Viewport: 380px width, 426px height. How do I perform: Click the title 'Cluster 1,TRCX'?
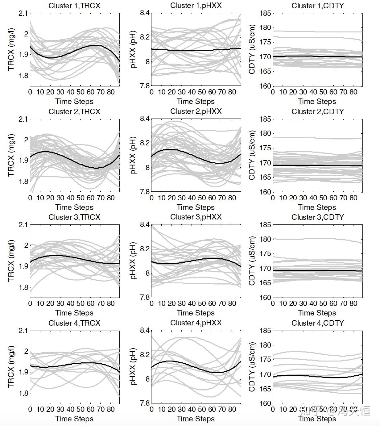[x=74, y=6]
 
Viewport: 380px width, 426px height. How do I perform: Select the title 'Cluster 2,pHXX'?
[x=196, y=111]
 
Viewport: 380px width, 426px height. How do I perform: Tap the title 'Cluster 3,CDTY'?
[x=317, y=217]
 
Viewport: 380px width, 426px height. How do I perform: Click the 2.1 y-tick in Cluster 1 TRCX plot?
[x=23, y=13]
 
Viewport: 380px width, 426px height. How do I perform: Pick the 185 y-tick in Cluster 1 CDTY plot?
[x=265, y=13]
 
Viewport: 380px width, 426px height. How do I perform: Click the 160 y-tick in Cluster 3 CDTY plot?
[x=265, y=297]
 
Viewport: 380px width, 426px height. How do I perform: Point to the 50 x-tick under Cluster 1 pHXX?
[x=202, y=92]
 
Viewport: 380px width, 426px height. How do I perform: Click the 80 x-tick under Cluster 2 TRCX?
[x=111, y=198]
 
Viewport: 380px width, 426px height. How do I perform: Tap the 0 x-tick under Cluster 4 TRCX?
[x=30, y=409]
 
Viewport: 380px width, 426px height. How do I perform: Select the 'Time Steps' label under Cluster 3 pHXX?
[x=196, y=313]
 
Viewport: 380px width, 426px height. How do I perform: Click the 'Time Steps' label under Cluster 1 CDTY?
[x=317, y=102]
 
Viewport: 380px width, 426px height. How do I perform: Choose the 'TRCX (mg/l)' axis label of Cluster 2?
[x=11, y=155]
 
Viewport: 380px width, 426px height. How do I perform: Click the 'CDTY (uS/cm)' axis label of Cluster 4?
[x=252, y=367]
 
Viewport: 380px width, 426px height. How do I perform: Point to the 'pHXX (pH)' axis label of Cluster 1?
[x=133, y=49]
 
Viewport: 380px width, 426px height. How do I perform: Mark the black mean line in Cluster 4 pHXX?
[x=191, y=366]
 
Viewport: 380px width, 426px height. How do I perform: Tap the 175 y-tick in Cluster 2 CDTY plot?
[x=265, y=148]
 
